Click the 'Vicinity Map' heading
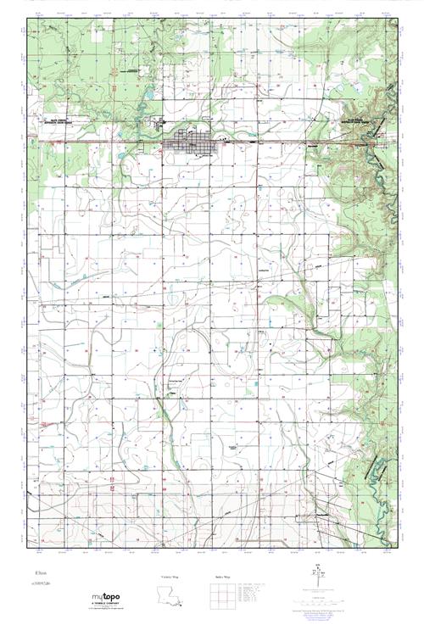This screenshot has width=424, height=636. pos(170,577)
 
